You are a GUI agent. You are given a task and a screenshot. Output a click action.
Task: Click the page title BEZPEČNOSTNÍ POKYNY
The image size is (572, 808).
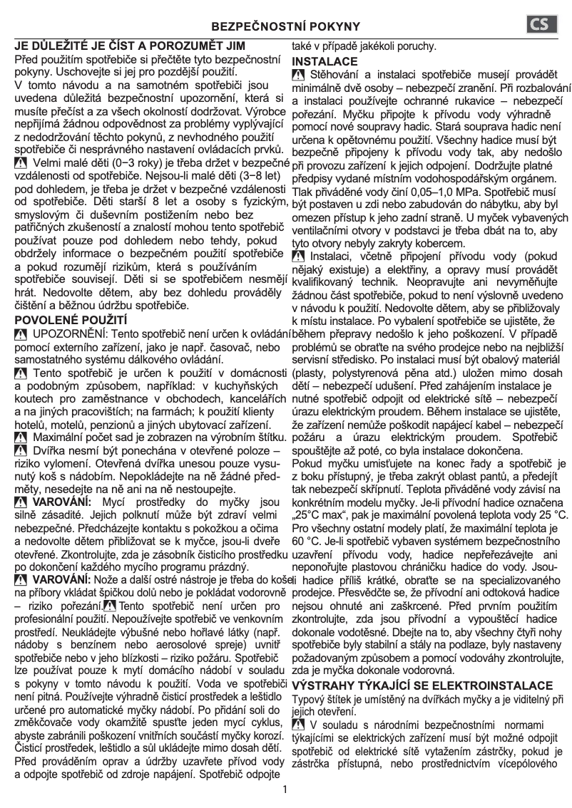pyautogui.click(x=285, y=26)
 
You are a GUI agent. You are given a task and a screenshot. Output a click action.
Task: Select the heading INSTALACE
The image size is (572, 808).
pyautogui.click(x=325, y=61)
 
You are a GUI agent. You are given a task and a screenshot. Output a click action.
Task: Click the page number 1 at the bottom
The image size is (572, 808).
pyautogui.click(x=285, y=789)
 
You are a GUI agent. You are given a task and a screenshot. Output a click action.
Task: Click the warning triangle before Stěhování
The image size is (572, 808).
pyautogui.click(x=299, y=76)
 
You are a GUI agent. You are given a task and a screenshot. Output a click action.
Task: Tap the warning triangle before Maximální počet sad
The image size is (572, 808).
pyautogui.click(x=21, y=436)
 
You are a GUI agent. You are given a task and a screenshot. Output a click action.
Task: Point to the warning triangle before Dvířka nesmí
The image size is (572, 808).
pyautogui.click(x=21, y=450)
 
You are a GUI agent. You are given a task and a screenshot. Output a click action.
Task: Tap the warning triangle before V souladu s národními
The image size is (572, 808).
pyautogui.click(x=299, y=725)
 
